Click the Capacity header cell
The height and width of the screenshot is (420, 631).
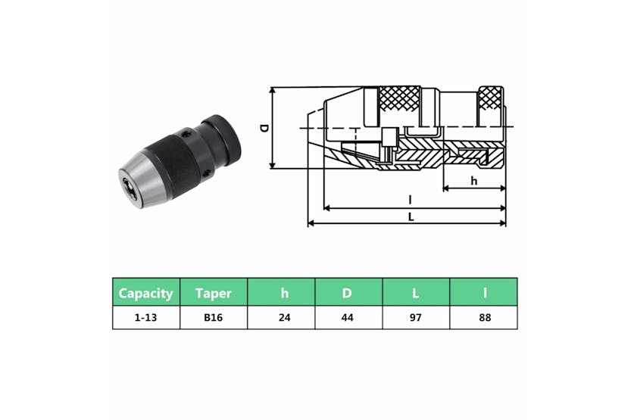pos(146,292)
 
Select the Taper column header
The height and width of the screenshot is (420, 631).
pos(214,292)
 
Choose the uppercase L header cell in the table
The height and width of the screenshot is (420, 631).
pos(416,292)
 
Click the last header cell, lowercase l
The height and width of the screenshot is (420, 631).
pos(483,292)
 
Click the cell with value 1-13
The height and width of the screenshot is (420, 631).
pos(146,318)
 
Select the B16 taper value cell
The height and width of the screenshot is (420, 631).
pos(214,318)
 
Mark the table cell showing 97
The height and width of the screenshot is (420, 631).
pos(416,318)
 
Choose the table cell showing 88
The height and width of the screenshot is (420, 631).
pos(483,318)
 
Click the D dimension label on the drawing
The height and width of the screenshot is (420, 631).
pos(264,128)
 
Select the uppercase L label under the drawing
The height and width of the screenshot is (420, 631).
pos(410,217)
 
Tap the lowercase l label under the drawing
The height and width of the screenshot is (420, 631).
pos(410,200)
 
